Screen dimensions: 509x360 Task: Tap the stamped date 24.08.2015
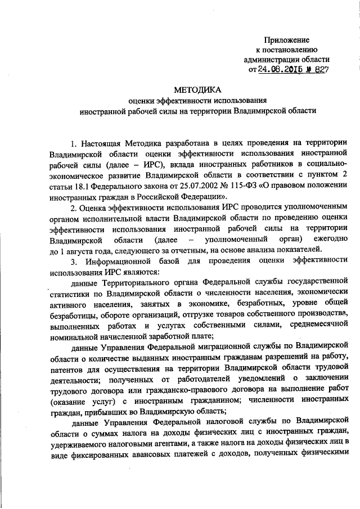point(280,70)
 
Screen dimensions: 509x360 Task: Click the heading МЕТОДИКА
point(197,89)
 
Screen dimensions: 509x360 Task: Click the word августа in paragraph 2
point(79,249)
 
